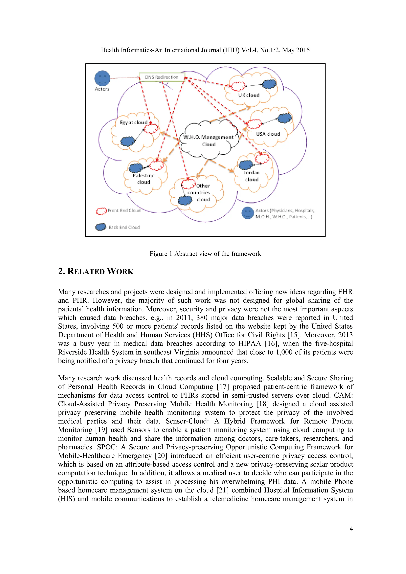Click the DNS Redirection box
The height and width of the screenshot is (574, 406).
click(162, 77)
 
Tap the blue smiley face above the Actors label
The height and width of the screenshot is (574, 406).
click(102, 78)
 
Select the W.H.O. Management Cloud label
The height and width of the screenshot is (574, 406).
click(209, 141)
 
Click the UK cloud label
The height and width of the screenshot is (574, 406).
click(249, 95)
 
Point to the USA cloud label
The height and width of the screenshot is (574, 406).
click(268, 134)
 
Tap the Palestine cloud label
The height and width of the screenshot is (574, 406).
click(144, 179)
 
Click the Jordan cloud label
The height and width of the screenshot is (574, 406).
click(252, 176)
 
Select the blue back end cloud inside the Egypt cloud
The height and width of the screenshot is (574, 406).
click(128, 142)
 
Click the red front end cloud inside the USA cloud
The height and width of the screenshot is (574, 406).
click(254, 123)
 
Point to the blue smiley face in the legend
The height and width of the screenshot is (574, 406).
click(247, 213)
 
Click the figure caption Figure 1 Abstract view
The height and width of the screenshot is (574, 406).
click(205, 254)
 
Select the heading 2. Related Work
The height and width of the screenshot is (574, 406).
click(96, 271)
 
